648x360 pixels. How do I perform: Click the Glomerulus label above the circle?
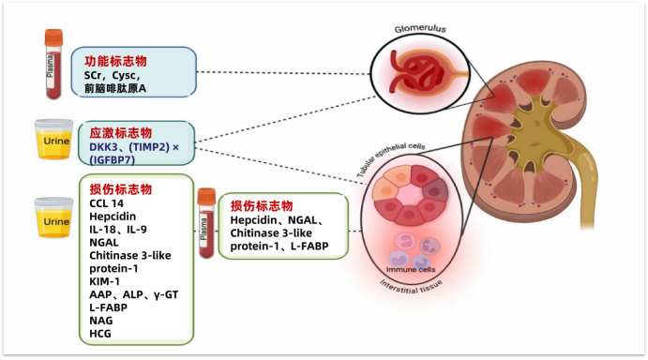420,28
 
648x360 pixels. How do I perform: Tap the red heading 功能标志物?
115,61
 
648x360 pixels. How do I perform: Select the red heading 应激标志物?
121,133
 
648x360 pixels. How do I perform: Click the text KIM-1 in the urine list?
104,281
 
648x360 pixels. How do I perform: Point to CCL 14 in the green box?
106,203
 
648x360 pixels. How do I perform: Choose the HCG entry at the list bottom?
100,334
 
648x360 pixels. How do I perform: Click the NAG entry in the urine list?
101,321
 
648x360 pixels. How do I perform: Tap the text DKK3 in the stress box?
103,147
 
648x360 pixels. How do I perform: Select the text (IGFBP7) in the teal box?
112,159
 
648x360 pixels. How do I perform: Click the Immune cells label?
411,269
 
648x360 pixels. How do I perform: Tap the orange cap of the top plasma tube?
53,37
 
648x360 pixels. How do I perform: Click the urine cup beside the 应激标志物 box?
54,140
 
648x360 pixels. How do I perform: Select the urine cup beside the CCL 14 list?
54,217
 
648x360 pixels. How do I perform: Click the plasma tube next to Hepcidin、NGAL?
206,223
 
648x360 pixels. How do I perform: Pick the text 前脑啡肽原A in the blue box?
115,88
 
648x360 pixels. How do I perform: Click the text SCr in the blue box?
93,76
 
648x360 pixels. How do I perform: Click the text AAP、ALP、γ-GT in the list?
134,294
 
